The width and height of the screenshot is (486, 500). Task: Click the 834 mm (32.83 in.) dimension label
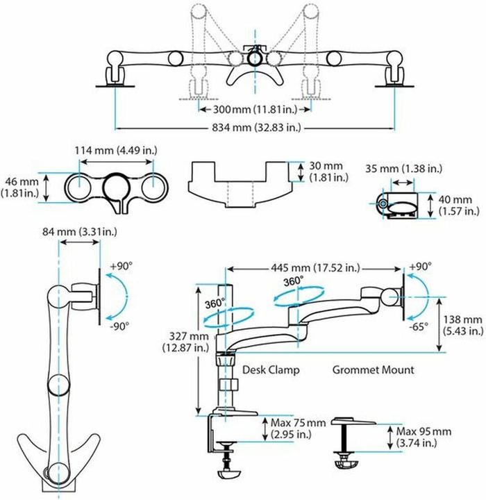[256, 128]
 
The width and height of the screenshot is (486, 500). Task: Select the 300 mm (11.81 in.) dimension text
[255, 110]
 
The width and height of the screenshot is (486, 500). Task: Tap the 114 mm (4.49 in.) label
[116, 150]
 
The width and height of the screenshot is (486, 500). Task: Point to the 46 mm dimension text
[22, 182]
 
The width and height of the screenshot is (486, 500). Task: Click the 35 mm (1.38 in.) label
[403, 168]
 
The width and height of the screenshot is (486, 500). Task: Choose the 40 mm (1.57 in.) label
[459, 206]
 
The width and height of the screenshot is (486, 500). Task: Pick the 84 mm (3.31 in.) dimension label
[80, 232]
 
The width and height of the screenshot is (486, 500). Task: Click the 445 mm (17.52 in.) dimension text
[315, 268]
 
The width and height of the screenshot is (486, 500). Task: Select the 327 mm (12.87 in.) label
[185, 342]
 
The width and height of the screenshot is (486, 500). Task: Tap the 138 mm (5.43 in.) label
[463, 325]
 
